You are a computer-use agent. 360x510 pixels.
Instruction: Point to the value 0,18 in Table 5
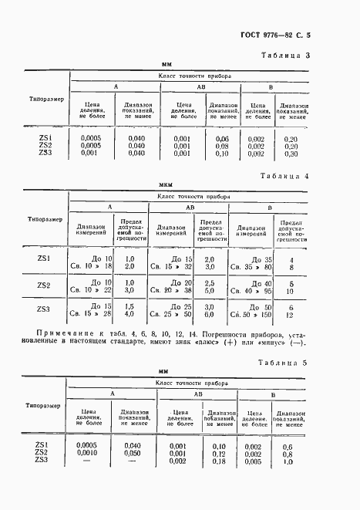tap(219, 461)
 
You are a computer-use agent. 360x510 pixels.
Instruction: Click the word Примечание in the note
tap(60, 333)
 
